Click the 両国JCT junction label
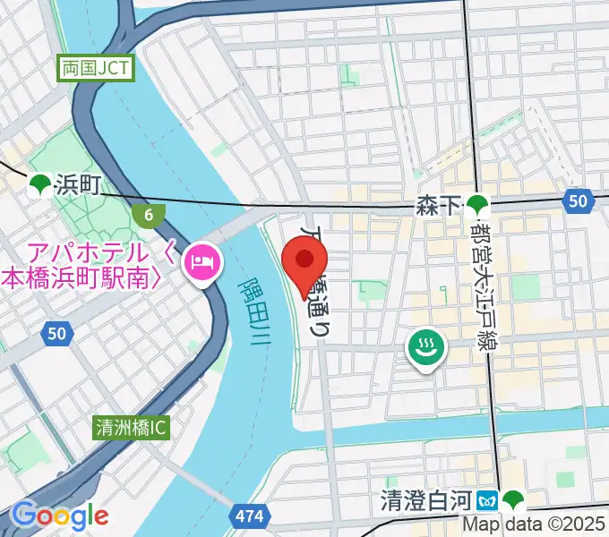coord(96,68)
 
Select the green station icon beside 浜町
coord(39,185)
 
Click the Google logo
coord(59,516)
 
